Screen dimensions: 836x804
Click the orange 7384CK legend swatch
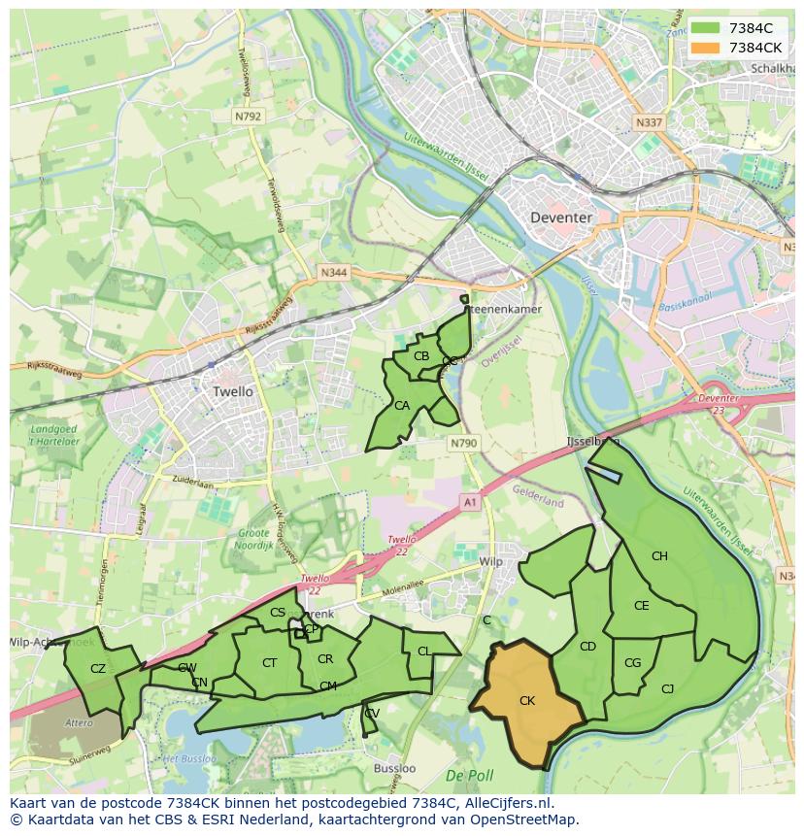(x=706, y=48)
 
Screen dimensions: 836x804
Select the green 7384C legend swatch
(x=706, y=28)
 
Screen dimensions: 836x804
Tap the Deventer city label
(x=560, y=217)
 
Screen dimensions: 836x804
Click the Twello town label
(x=232, y=391)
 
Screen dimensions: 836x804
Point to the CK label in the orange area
(x=526, y=700)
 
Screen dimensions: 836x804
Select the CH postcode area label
(x=659, y=556)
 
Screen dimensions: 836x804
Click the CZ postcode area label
(x=97, y=668)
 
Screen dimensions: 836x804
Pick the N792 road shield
(x=248, y=116)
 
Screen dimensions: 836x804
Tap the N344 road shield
(x=333, y=274)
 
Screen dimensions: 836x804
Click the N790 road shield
(x=464, y=443)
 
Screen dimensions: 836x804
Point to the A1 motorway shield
(x=471, y=502)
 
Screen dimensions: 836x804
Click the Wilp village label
(x=491, y=562)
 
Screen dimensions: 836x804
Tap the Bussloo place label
(x=394, y=768)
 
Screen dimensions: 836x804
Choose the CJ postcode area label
(x=667, y=689)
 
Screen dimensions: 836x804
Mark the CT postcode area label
(x=270, y=663)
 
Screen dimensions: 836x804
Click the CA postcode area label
(x=401, y=405)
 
